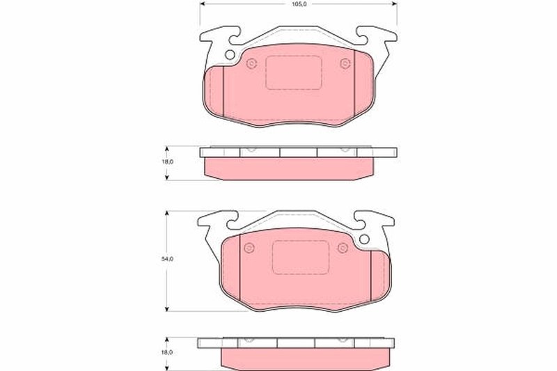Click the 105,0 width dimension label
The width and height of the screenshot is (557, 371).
tap(298, 4)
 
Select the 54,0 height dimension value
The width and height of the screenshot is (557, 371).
tap(168, 259)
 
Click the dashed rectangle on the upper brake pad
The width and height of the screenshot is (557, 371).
tap(292, 72)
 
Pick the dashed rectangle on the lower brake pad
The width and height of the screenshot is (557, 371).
tap(299, 258)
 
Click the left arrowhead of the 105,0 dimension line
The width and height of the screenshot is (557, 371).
tap(203, 3)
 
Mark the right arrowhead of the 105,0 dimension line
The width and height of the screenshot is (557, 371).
tap(395, 3)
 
